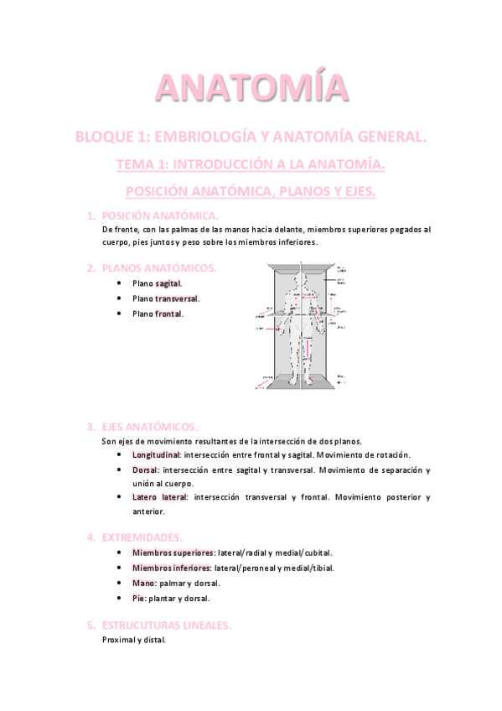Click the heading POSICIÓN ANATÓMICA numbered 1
click(159, 216)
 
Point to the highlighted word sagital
click(168, 283)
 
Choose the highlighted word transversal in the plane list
click(177, 298)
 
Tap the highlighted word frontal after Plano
click(168, 314)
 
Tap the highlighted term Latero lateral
click(159, 497)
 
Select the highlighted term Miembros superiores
click(173, 553)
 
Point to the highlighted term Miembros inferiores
click(170, 568)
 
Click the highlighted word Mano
click(143, 583)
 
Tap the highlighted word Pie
click(138, 598)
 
